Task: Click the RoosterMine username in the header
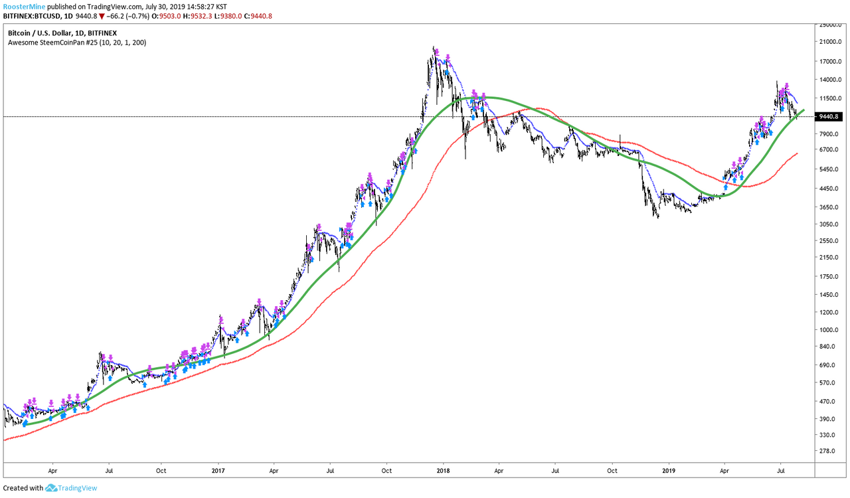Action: pos(24,7)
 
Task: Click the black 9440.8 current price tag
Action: pos(829,116)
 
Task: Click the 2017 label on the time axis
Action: pos(218,471)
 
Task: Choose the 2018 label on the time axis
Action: pos(443,471)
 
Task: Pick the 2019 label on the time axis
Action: pos(669,471)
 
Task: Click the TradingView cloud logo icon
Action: pos(51,488)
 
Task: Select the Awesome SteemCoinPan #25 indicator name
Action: pos(52,42)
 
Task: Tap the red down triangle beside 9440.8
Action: pos(102,17)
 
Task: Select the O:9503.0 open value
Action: pos(166,17)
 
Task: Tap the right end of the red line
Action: pos(797,153)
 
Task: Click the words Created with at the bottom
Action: pos(23,488)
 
